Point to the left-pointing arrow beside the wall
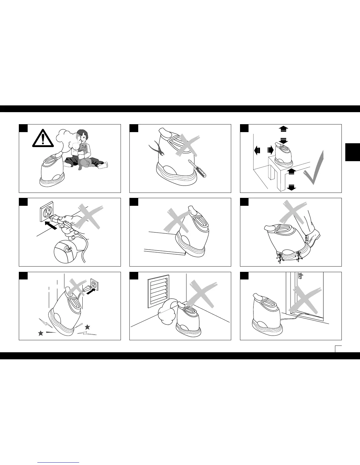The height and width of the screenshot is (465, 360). (x=256, y=151)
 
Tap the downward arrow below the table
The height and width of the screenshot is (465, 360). (x=291, y=187)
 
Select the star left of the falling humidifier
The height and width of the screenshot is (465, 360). (x=41, y=333)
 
